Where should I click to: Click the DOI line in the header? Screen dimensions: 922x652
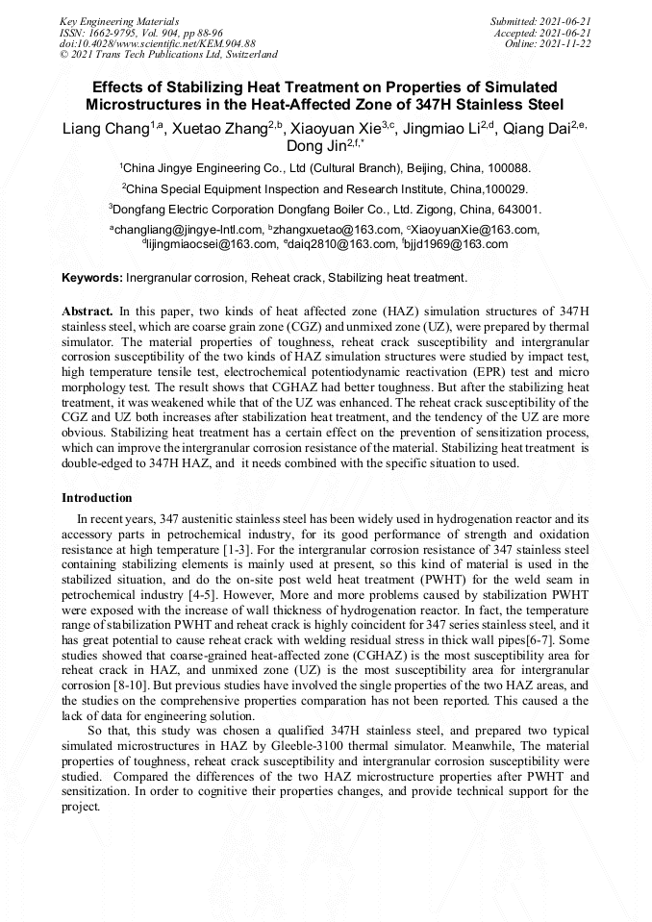coord(158,43)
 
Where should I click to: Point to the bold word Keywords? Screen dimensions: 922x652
coord(91,278)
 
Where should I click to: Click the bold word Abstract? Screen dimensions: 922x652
coord(88,312)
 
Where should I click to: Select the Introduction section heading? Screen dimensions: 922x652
coord(97,498)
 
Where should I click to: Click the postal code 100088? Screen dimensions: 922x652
coord(506,166)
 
